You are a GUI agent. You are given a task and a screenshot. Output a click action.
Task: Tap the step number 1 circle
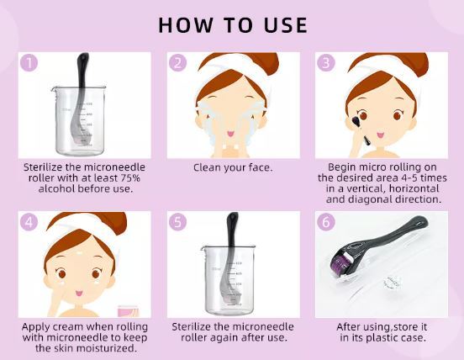click(29, 63)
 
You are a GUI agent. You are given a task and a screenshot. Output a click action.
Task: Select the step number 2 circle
click(177, 63)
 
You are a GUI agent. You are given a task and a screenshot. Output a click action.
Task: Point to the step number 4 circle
click(29, 222)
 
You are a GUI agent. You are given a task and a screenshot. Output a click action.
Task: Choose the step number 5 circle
click(177, 222)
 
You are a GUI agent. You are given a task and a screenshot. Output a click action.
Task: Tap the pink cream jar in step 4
click(128, 310)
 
